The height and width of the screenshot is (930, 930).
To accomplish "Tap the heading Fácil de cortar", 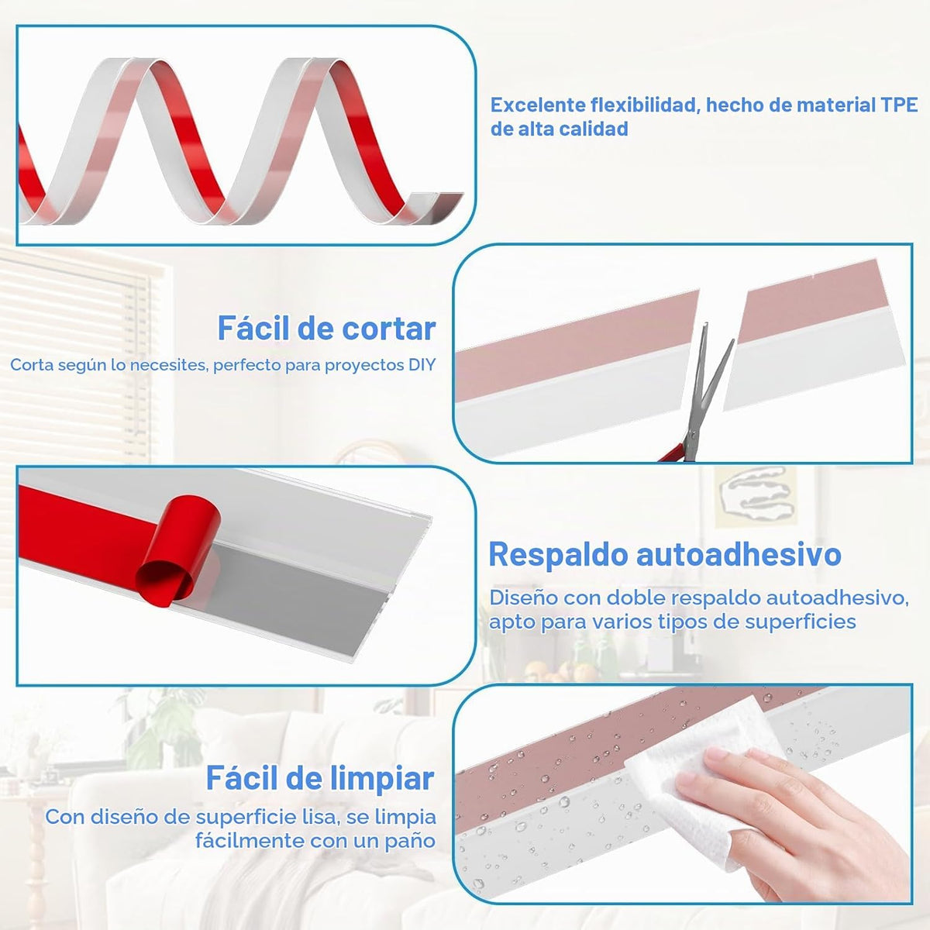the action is pos(327,328).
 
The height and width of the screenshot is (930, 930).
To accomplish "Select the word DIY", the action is pos(422,365).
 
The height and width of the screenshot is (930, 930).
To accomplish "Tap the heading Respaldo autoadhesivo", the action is pos(665,555).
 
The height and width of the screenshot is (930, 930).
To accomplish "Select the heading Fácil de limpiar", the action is pos(320,778).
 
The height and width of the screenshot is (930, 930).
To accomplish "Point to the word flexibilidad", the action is pos(646,105).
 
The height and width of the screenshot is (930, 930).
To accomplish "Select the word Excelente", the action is pos(538,105).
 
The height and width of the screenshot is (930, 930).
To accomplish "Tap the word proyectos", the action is pos(365,365).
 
